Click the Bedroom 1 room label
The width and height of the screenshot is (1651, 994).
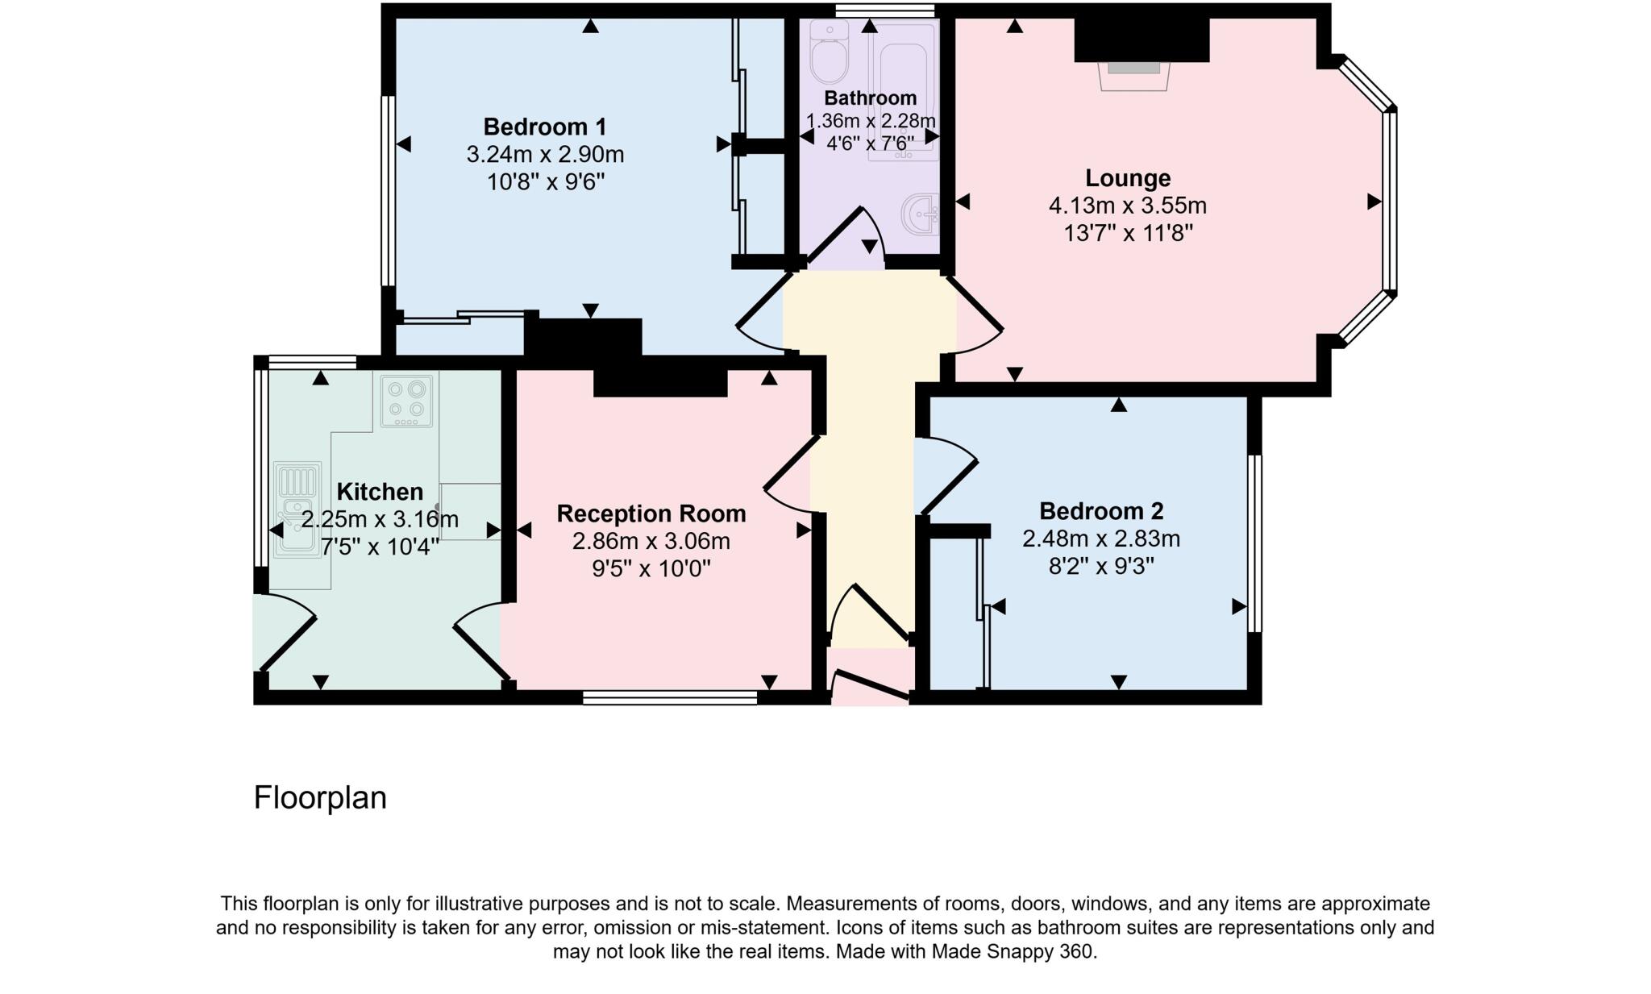544,127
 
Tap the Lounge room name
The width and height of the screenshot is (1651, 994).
1127,178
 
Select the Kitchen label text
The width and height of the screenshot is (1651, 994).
379,492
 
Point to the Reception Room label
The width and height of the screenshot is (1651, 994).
651,514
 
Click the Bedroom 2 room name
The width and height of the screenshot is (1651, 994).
1100,511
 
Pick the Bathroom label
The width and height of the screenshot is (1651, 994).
870,98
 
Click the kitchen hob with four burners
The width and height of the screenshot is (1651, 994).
406,400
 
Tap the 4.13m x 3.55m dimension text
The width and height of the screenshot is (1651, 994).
1127,206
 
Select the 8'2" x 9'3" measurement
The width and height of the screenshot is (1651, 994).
1100,566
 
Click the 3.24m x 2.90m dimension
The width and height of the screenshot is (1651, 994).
545,154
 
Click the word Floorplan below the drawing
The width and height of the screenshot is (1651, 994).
320,797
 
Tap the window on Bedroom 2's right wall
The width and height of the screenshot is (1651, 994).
1254,543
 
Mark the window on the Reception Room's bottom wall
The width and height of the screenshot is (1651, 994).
669,697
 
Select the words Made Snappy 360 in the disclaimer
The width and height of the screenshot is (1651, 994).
1013,951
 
